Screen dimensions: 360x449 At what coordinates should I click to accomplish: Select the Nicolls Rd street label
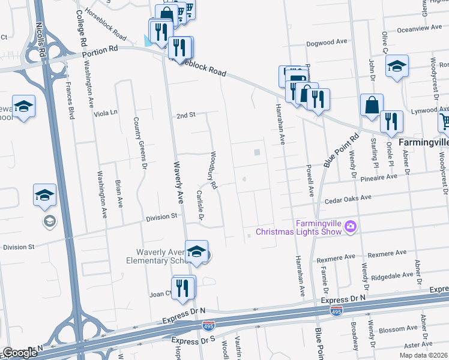41,40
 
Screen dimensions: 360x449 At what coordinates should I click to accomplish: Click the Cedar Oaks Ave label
350,197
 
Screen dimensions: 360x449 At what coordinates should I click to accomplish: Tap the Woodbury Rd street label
213,170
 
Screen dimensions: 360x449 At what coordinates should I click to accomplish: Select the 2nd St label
187,115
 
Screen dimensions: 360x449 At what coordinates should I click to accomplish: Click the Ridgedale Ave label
393,275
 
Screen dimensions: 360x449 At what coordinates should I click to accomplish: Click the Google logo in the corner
20,353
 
